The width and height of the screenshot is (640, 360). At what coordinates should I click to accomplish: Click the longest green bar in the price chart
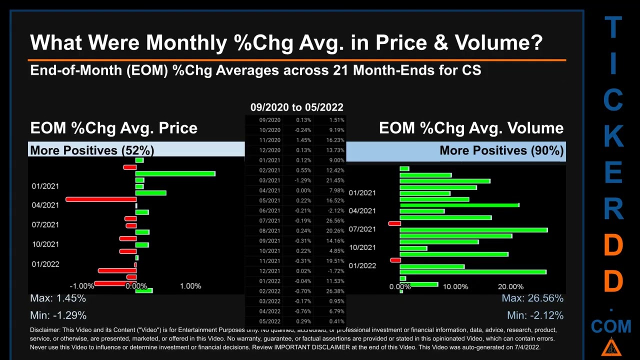click(175, 174)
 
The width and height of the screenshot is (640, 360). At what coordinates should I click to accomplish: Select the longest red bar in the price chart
click(100, 199)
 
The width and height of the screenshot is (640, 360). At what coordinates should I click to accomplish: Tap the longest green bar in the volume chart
click(473, 230)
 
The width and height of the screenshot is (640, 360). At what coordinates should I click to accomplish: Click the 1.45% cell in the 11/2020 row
click(303, 140)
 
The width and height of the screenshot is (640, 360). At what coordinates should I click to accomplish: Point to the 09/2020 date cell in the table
click(269, 120)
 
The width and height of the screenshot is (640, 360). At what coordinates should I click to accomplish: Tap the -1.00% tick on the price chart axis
click(82, 286)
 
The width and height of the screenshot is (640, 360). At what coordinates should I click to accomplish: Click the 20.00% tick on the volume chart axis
click(510, 286)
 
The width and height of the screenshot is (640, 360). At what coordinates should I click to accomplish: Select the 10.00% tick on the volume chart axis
click(455, 286)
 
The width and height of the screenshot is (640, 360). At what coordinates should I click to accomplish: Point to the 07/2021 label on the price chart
click(45, 224)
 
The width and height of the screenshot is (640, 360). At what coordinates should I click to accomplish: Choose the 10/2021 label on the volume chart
click(362, 247)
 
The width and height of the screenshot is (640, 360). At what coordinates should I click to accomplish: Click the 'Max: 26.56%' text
click(532, 298)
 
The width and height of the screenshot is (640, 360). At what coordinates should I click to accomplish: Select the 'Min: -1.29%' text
click(58, 315)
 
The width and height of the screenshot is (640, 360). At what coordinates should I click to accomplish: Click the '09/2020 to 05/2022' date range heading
click(296, 107)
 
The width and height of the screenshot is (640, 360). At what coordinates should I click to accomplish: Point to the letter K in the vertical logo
click(613, 135)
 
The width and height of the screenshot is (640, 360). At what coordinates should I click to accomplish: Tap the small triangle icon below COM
click(611, 346)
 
